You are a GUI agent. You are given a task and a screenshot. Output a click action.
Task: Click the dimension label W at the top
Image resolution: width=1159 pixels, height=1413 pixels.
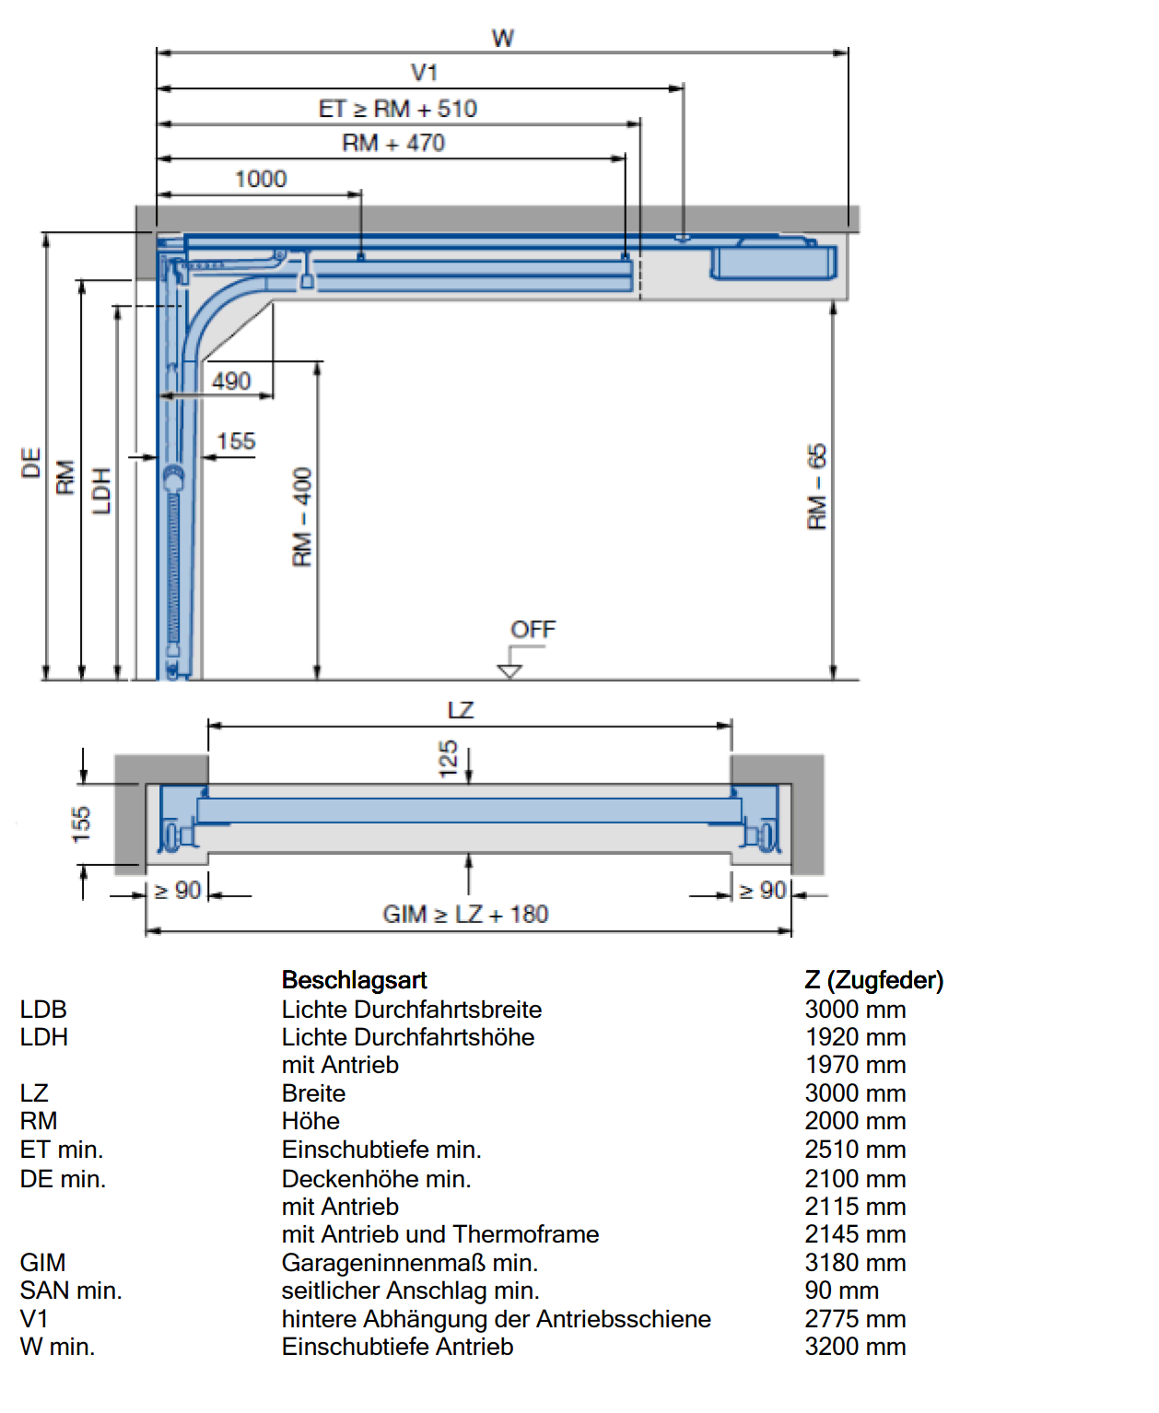(x=502, y=38)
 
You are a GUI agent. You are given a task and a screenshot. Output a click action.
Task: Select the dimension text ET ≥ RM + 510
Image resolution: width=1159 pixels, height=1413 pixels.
(x=397, y=109)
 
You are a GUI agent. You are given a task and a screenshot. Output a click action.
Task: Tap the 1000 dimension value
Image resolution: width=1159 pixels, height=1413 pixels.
(x=261, y=179)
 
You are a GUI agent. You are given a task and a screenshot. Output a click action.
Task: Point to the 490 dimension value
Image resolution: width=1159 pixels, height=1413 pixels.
(x=231, y=381)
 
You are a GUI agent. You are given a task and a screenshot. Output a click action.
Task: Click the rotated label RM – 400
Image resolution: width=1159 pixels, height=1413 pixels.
(x=302, y=517)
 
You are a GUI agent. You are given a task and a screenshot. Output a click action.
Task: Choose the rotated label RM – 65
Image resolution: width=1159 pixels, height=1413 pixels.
(x=817, y=486)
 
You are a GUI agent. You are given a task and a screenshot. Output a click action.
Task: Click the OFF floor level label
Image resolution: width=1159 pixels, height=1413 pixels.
(x=533, y=629)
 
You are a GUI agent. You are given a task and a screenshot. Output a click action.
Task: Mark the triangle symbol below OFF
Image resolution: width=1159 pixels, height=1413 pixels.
(x=509, y=671)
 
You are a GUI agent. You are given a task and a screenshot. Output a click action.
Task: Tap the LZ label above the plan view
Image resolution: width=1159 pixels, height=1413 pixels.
(x=461, y=710)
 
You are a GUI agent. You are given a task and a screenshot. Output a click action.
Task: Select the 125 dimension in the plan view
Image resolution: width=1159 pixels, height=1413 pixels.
(x=448, y=759)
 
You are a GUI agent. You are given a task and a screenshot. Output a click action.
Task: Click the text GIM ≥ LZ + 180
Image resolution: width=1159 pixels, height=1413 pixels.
(x=465, y=914)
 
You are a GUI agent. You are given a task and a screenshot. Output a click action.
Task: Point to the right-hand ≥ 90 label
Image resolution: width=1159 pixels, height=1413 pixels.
(x=762, y=891)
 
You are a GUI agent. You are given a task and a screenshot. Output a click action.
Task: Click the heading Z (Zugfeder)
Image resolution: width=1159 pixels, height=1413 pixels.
(x=874, y=980)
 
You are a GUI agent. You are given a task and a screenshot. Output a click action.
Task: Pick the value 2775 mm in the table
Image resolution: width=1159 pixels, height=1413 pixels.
(x=855, y=1318)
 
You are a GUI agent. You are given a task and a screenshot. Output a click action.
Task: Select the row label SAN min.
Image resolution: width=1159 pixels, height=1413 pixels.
(x=71, y=1290)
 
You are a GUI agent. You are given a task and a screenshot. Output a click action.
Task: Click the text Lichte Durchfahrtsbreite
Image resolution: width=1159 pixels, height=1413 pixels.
(x=412, y=1009)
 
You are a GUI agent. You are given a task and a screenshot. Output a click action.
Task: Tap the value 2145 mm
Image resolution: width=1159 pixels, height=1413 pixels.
(x=855, y=1234)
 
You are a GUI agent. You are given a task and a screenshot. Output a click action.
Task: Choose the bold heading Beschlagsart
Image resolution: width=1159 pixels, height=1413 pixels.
(x=354, y=980)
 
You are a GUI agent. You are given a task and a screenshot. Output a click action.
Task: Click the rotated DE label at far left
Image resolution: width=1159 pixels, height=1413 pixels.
(x=30, y=462)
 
